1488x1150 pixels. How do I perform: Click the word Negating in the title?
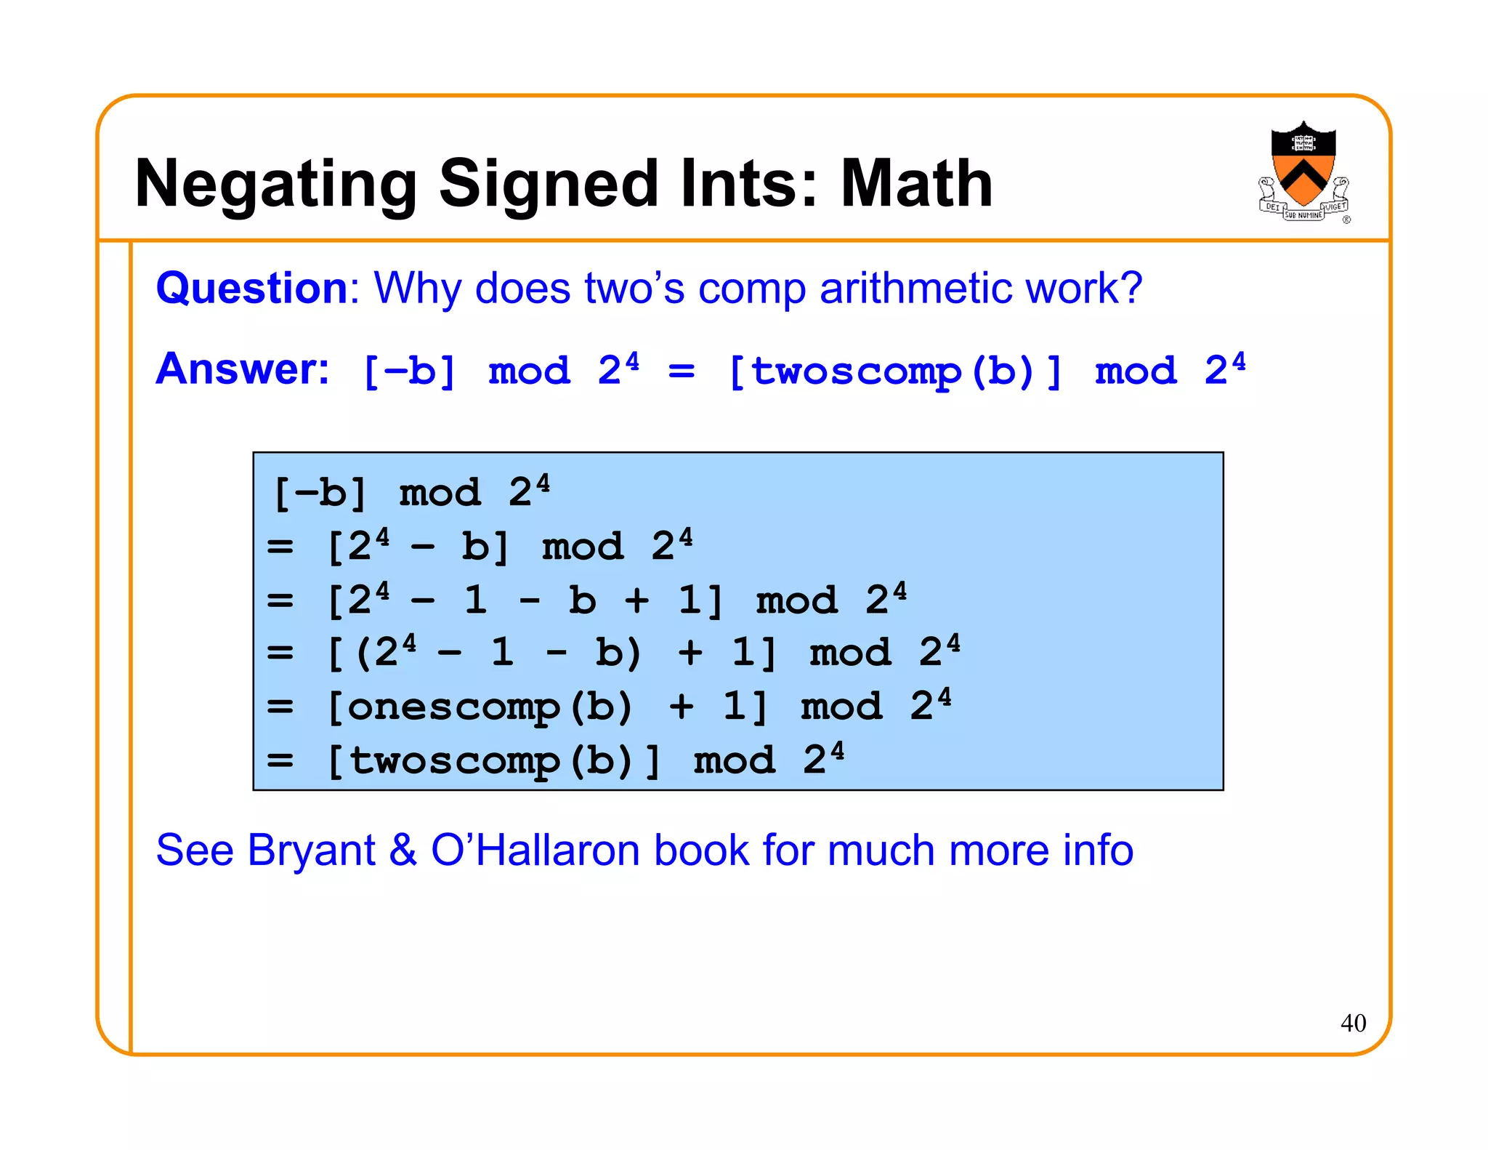tap(275, 185)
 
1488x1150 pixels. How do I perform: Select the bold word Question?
tap(252, 289)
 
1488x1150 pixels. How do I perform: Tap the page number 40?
tap(1353, 1023)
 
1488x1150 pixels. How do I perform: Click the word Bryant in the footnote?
tap(311, 850)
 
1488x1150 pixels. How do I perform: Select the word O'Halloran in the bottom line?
tap(535, 850)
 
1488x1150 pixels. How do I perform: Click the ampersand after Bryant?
tap(403, 850)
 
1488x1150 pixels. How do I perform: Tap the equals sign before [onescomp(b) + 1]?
tap(280, 707)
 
